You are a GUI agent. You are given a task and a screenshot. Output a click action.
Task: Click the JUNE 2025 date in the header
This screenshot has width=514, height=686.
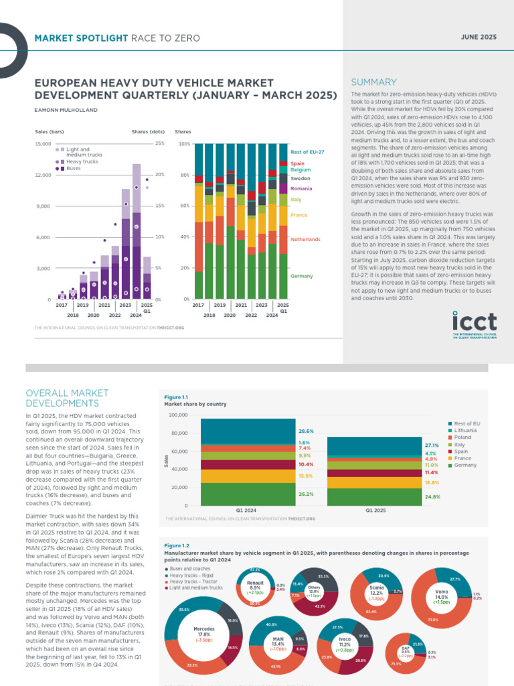point(479,38)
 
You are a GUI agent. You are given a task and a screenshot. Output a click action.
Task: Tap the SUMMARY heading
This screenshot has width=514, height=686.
point(373,82)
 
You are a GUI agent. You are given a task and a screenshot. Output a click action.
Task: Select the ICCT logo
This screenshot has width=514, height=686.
point(474,325)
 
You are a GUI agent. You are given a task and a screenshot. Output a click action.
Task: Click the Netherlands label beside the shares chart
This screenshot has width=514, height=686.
point(305,239)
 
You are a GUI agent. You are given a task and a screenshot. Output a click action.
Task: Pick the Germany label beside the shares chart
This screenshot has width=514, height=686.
point(301,276)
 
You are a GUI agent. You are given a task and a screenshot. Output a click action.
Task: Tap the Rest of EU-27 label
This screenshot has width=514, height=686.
point(307,152)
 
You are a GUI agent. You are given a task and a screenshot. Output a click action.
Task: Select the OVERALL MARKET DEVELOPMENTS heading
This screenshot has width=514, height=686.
point(62,398)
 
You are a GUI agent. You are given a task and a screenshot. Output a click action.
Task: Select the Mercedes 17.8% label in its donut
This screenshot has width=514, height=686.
point(203,632)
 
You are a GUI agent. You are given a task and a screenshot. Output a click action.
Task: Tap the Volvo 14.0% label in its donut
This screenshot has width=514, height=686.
point(442,595)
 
